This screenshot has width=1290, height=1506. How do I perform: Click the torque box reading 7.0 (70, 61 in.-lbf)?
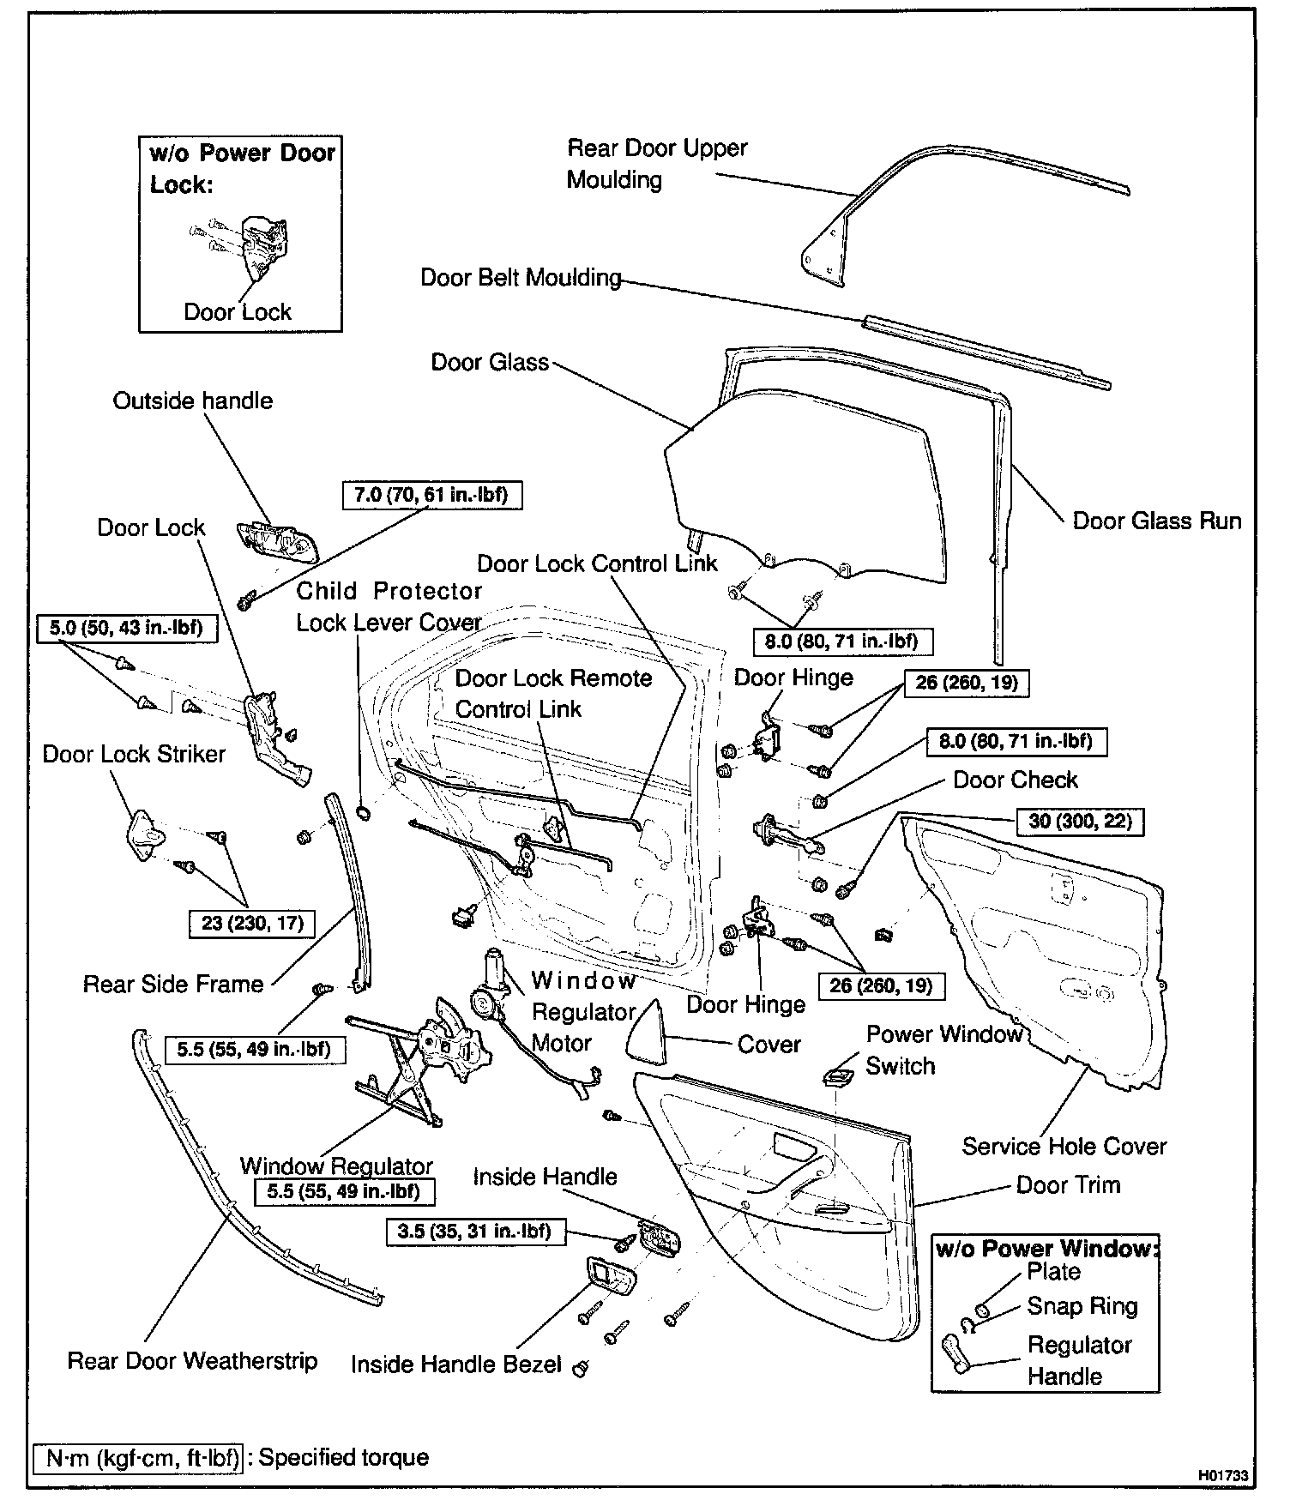[431, 495]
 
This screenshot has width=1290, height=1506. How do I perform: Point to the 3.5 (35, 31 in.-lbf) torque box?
[473, 1232]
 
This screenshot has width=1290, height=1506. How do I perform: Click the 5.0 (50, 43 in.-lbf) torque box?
[126, 628]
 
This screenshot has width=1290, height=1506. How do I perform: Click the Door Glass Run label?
[1156, 521]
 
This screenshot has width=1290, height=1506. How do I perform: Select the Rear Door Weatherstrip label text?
[192, 1361]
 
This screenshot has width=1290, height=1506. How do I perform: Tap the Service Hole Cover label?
[1064, 1146]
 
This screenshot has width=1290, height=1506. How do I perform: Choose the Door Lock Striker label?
[134, 754]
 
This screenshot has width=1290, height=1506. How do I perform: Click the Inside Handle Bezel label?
[455, 1364]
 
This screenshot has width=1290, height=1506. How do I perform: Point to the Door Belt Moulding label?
[521, 278]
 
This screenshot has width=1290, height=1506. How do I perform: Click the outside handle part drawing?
[277, 539]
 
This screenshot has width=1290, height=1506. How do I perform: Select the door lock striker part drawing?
[142, 833]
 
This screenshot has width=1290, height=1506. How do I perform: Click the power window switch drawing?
[837, 1075]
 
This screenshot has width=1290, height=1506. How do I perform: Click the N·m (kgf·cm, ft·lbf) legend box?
[137, 1457]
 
